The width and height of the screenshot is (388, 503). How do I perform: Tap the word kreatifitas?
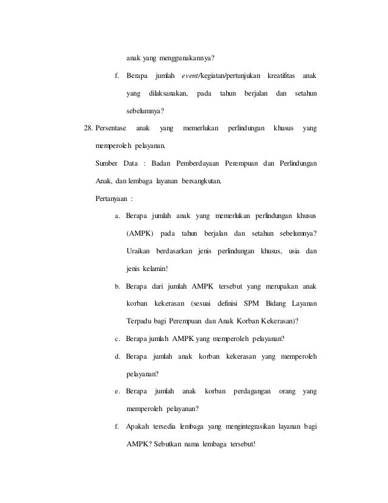pos(280,76)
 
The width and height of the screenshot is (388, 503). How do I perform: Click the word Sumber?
pos(107,164)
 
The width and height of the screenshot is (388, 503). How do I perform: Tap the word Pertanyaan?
pos(113,199)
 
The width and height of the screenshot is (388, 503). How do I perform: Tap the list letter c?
pos(117,339)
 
